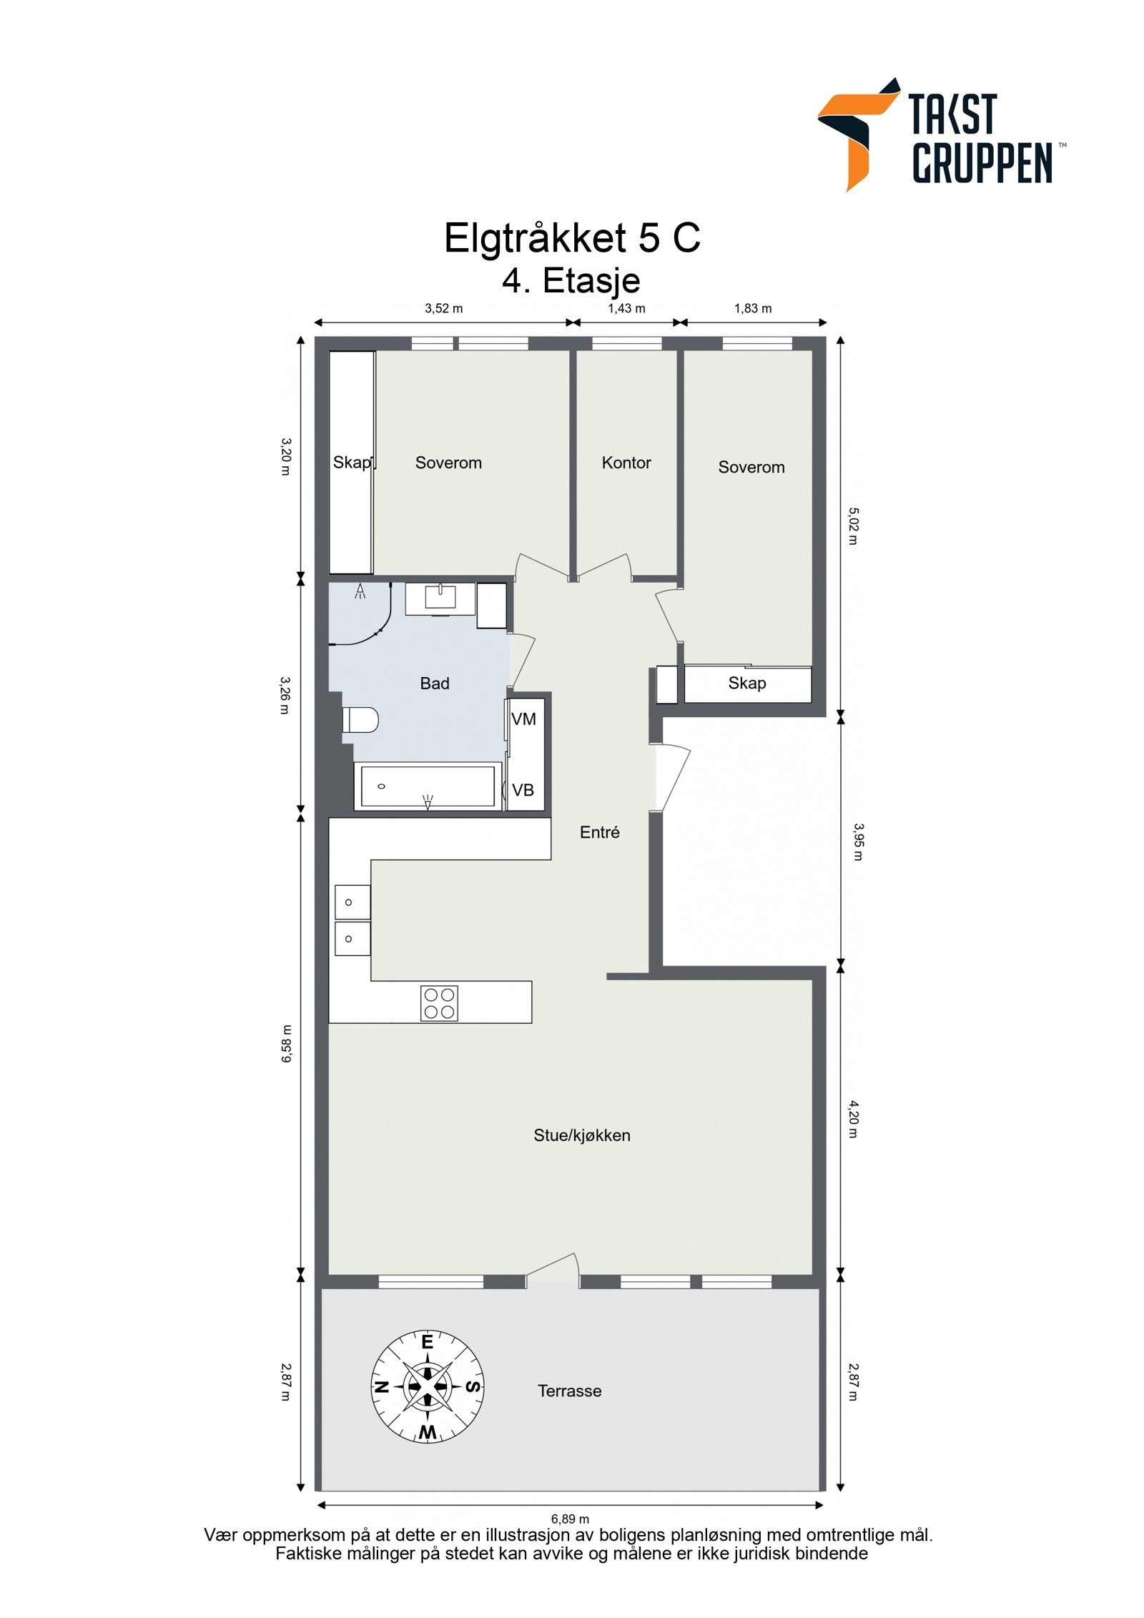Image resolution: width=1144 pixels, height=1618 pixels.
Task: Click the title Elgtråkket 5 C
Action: click(x=572, y=237)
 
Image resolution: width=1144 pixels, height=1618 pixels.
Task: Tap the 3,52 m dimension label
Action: click(x=443, y=309)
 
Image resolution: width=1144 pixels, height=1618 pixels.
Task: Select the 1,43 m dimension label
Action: click(x=626, y=309)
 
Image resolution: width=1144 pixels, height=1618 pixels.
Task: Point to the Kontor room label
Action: click(x=626, y=463)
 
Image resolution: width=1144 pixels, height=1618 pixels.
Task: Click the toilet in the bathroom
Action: click(x=360, y=720)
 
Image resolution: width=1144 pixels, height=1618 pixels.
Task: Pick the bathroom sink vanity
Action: click(x=440, y=599)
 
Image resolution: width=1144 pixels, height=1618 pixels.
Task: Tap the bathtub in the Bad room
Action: click(x=428, y=786)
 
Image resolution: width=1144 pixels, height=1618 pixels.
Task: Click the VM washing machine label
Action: click(x=524, y=719)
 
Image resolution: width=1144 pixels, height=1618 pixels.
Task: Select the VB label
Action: click(x=523, y=790)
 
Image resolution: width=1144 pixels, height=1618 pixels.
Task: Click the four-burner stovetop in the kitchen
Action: click(x=440, y=1003)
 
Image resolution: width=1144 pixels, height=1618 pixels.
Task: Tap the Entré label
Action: click(x=600, y=832)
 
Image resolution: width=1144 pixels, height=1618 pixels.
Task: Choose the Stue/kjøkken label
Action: click(x=582, y=1135)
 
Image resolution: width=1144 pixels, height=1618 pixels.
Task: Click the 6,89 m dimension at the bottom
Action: click(x=570, y=1519)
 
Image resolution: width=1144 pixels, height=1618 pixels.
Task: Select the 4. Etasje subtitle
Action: click(x=571, y=280)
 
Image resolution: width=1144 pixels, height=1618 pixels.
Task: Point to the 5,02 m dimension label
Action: click(x=852, y=526)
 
